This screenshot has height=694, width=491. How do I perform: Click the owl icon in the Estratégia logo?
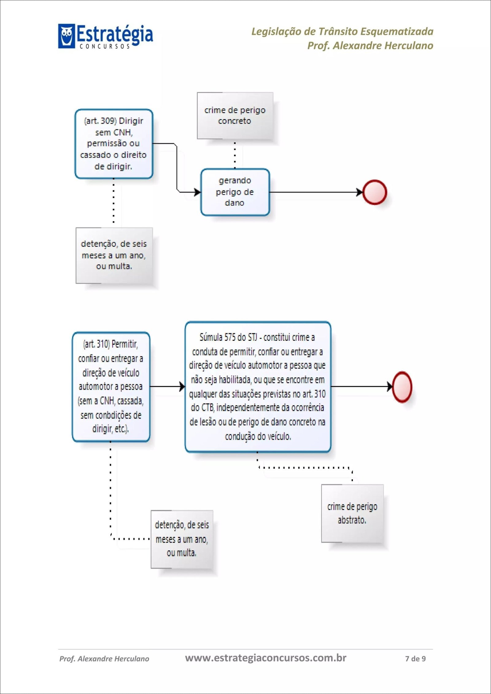[66, 36]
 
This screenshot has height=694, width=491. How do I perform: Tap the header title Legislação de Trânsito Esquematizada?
[342, 32]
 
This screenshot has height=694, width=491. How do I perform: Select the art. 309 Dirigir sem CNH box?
[114, 144]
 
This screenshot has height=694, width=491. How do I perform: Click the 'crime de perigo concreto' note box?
[235, 116]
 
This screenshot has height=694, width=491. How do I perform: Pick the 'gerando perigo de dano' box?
[235, 192]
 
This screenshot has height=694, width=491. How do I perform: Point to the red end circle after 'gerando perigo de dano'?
[375, 192]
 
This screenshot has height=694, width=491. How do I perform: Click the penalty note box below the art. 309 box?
[114, 255]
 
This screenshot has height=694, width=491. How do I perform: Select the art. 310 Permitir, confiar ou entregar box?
[111, 386]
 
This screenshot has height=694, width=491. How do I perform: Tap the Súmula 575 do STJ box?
[257, 387]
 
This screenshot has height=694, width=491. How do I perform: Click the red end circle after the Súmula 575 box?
[402, 387]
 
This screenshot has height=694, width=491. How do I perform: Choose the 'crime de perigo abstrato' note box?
[352, 513]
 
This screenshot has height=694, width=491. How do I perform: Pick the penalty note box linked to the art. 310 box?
[182, 539]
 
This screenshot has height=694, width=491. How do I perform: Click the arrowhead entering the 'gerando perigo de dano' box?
[198, 192]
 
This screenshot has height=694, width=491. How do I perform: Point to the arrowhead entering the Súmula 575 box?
[182, 386]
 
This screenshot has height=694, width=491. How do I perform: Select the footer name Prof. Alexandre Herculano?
[104, 658]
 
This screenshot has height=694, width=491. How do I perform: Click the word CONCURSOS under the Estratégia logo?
[104, 47]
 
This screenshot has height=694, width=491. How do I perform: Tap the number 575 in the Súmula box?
[230, 337]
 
